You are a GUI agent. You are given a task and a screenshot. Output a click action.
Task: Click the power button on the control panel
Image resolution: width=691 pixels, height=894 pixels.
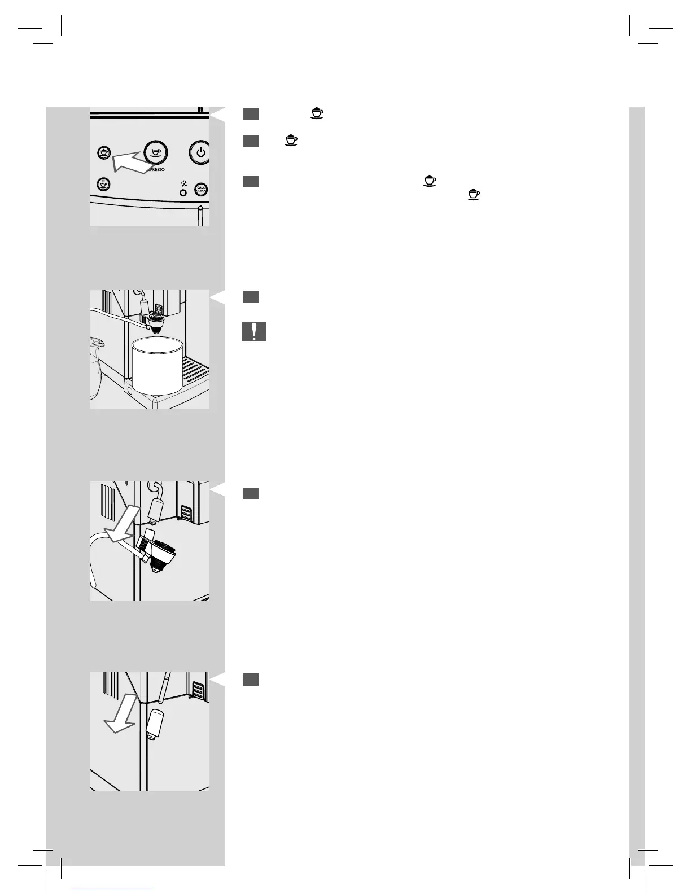point(200,152)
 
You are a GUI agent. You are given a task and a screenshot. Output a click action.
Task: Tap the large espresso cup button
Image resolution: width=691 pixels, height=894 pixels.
point(155,151)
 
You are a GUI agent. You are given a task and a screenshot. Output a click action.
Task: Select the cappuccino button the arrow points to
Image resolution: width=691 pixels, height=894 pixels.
point(103,153)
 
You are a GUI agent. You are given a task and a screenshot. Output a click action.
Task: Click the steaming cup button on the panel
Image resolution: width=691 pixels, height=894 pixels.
point(103,184)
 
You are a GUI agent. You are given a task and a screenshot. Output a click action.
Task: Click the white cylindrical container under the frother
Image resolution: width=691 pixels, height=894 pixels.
point(157,366)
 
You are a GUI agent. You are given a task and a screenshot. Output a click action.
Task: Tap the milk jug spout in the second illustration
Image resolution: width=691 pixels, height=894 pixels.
point(94,342)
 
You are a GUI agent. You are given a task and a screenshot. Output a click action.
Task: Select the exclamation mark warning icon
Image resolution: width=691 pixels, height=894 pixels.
point(254,331)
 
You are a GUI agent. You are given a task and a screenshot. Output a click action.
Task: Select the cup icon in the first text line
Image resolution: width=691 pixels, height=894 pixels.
point(317,113)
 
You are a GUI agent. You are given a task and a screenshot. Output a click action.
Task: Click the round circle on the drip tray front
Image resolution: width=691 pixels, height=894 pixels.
point(129,389)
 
